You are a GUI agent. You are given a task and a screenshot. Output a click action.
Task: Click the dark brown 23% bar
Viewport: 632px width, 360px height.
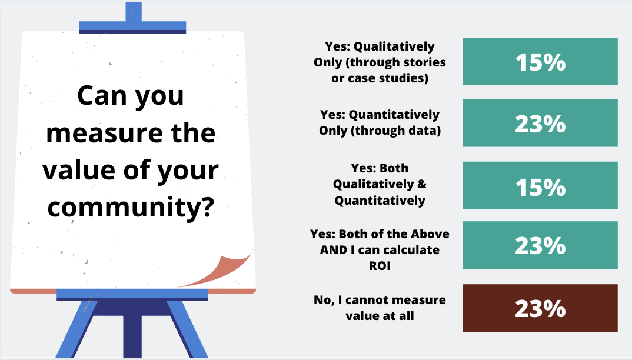coord(540,308)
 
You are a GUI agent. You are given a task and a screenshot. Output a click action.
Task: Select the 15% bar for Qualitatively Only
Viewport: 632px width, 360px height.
coord(540,62)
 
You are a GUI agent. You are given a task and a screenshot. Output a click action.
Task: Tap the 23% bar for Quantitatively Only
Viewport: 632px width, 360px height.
coord(540,123)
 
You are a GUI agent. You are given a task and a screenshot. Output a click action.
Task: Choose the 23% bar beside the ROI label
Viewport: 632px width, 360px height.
coord(540,245)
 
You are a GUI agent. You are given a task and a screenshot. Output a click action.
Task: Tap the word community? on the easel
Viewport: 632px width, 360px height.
coord(131,209)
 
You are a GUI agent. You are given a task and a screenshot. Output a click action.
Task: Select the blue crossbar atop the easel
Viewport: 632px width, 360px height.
coord(132,26)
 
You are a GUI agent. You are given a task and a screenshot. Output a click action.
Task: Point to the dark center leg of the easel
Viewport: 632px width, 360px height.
coord(132,335)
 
